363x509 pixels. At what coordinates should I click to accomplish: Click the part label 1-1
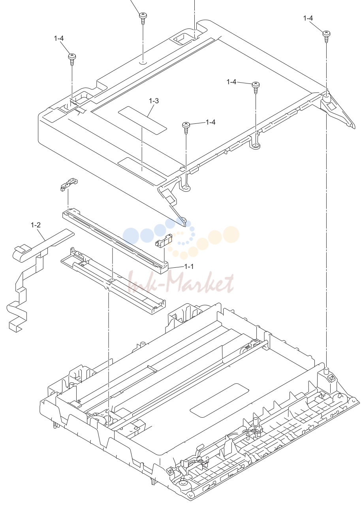189,266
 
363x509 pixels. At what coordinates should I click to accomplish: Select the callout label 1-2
36,225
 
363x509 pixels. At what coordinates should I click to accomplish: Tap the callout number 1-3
154,101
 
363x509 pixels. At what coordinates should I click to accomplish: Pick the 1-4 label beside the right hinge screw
308,18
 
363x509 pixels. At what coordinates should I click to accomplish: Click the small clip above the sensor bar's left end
69,184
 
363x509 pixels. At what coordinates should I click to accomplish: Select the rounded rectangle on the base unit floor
219,400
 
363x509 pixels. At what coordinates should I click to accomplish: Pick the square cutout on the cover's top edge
182,39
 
